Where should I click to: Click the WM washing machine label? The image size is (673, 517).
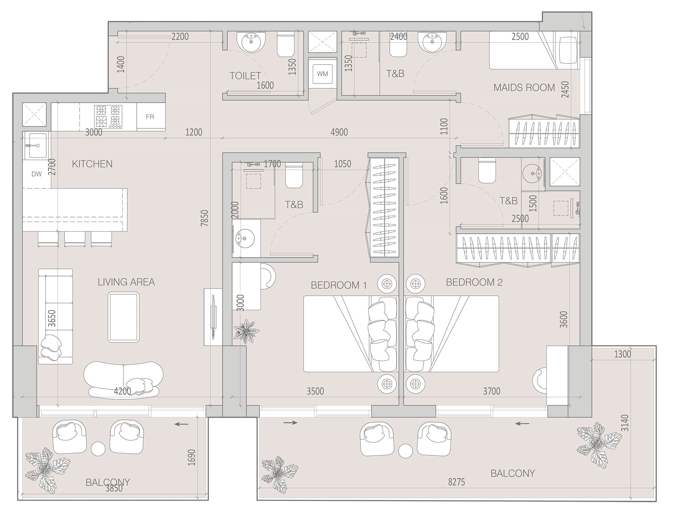(322, 74)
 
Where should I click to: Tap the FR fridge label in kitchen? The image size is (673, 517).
(150, 117)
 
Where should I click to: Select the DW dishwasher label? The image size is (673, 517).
(36, 174)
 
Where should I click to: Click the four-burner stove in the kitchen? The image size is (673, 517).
(108, 116)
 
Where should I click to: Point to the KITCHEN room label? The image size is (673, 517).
(92, 164)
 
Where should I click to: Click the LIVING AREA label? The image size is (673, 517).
(126, 282)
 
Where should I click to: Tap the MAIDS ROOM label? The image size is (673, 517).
(524, 87)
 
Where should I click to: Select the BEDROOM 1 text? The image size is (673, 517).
(339, 285)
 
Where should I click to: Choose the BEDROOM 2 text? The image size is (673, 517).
(474, 282)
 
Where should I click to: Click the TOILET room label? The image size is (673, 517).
(245, 75)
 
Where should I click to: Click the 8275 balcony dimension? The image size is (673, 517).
(456, 482)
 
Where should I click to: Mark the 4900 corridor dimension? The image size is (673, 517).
(339, 132)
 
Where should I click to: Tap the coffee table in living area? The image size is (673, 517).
(123, 317)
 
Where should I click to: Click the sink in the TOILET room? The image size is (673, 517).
(251, 42)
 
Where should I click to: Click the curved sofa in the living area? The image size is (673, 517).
(123, 380)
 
